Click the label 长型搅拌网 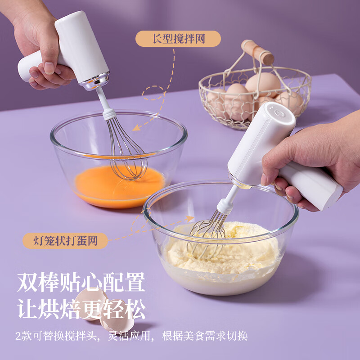coord(178,39)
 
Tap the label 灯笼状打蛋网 coord(66,240)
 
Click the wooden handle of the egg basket coord(257,52)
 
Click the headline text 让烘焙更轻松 coord(81,310)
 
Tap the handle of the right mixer coord(310,184)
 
